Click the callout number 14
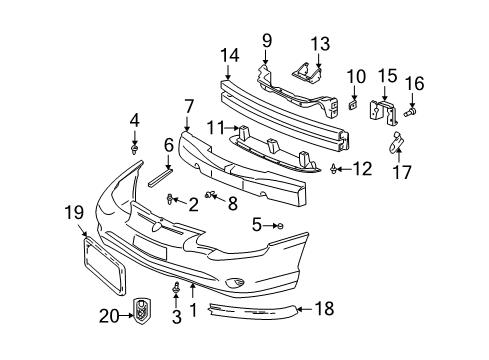click(x=229, y=57)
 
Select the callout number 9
click(x=267, y=41)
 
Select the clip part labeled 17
click(x=397, y=144)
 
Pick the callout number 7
click(x=188, y=105)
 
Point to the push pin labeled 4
click(x=133, y=149)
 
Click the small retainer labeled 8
click(x=211, y=194)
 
